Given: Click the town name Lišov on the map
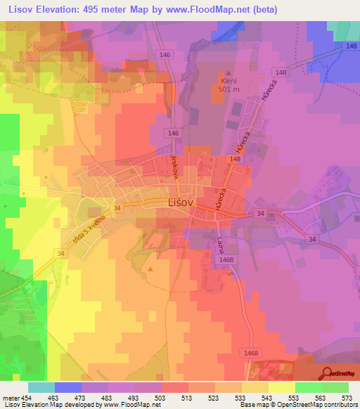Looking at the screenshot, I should [181, 202].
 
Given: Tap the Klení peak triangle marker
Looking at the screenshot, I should [226, 72].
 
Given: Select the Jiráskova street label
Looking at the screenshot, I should [172, 167].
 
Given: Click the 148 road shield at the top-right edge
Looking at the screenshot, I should [351, 46].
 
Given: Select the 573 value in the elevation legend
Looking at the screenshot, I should [346, 397].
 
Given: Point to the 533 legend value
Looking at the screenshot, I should [239, 397].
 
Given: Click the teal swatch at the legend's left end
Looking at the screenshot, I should [41, 387].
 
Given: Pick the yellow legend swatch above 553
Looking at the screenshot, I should [282, 387].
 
